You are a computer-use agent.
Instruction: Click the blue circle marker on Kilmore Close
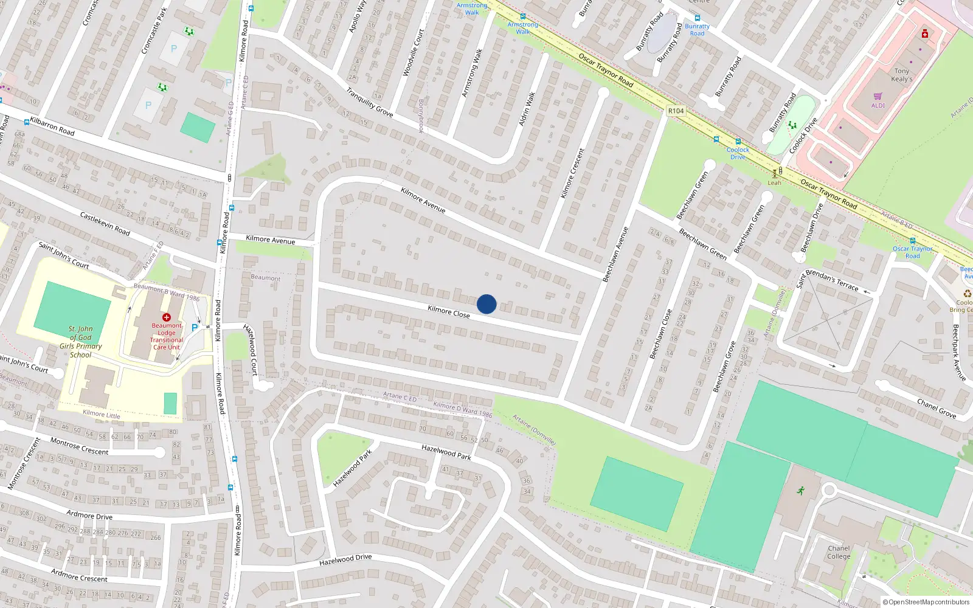[x=486, y=304]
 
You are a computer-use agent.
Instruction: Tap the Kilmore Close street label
[x=448, y=312]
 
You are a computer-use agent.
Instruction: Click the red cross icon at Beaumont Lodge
[x=167, y=317]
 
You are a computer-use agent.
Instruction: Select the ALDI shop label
[x=878, y=105]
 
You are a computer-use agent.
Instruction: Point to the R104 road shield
[x=676, y=111]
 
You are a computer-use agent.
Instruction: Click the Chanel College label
[x=839, y=552]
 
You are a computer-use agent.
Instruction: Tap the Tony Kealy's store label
[x=901, y=75]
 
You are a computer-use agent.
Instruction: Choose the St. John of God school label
[x=81, y=342]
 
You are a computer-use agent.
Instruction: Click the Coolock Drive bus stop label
[x=738, y=153]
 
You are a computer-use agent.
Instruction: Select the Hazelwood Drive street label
[x=345, y=560]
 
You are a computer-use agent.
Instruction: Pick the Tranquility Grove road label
[x=370, y=102]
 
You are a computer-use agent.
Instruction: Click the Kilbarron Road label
[x=52, y=126]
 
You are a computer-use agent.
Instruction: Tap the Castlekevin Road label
[x=105, y=223]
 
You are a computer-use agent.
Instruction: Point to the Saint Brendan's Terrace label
[x=827, y=280]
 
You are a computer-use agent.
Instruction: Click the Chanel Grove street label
[x=937, y=409]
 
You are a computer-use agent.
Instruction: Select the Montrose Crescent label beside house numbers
[x=79, y=446]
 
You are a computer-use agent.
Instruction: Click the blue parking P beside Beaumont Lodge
[x=195, y=328]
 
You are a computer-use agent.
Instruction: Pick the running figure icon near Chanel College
[x=800, y=490]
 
